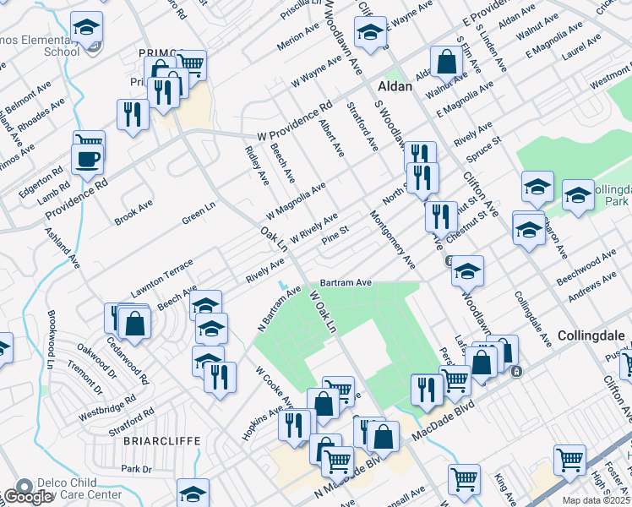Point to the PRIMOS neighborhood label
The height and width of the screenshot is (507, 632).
tap(155, 52)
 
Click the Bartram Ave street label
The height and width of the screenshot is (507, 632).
tap(346, 282)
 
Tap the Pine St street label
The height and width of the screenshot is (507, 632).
tap(335, 235)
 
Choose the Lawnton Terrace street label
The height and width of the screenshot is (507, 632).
tap(162, 279)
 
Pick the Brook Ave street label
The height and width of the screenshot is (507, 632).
tap(134, 212)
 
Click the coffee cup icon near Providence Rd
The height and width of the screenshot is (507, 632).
tap(87, 158)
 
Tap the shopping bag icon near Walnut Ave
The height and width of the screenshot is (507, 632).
tap(446, 61)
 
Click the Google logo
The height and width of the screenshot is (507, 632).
tap(28, 497)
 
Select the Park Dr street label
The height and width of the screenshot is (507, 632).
tap(135, 468)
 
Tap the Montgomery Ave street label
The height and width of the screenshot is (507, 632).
tap(393, 240)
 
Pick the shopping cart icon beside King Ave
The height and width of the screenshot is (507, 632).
tap(463, 479)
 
